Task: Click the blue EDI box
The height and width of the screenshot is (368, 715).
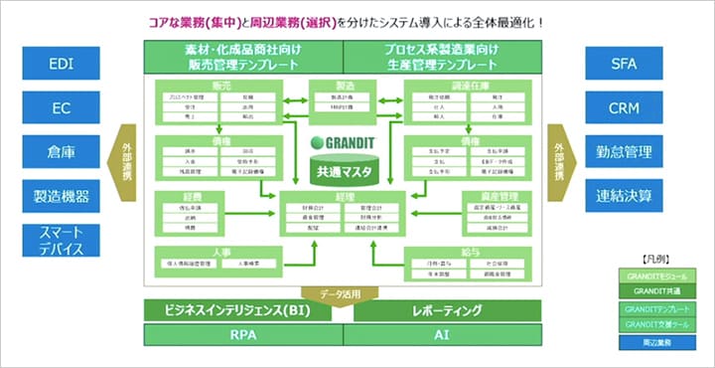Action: pyautogui.click(x=61, y=65)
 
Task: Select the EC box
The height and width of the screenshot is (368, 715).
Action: pyautogui.click(x=61, y=107)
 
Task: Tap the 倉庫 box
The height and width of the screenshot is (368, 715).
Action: pyautogui.click(x=61, y=151)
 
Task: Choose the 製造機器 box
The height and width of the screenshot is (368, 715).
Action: pyautogui.click(x=61, y=195)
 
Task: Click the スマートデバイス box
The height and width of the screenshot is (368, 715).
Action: pyautogui.click(x=61, y=241)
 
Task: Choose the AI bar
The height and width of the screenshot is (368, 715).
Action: pyautogui.click(x=441, y=335)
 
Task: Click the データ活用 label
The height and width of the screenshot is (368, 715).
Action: pyautogui.click(x=342, y=293)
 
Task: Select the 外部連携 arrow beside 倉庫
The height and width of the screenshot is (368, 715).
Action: pyautogui.click(x=126, y=163)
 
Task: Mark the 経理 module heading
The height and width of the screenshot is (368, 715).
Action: pyautogui.click(x=344, y=198)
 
